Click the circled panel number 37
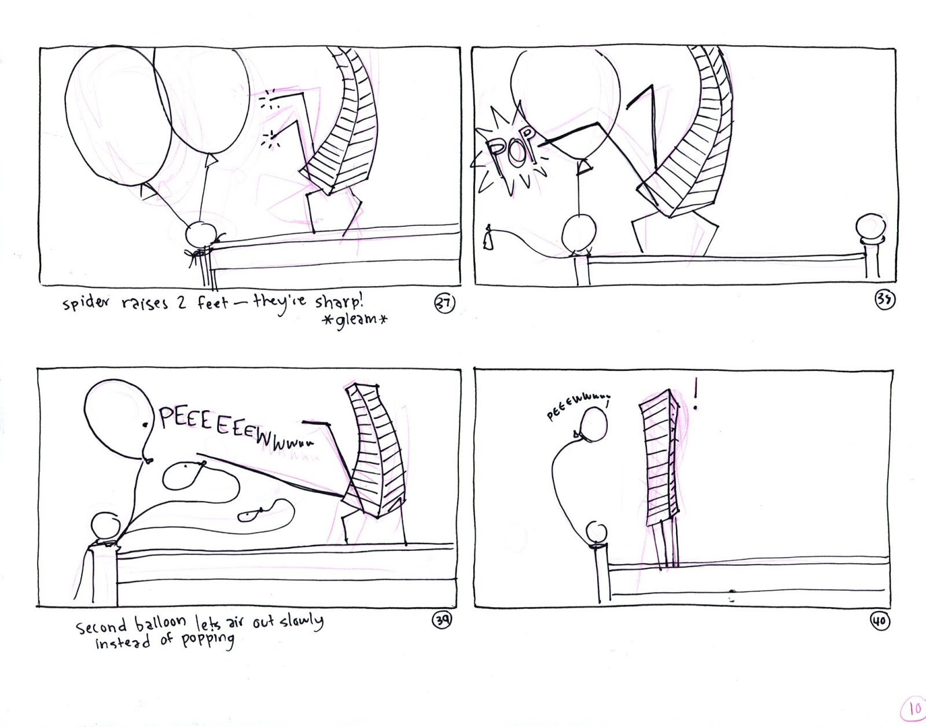(x=445, y=304)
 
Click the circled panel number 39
(x=442, y=620)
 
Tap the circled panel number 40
(x=879, y=622)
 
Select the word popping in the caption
(x=207, y=640)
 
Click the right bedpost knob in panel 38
(x=871, y=228)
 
